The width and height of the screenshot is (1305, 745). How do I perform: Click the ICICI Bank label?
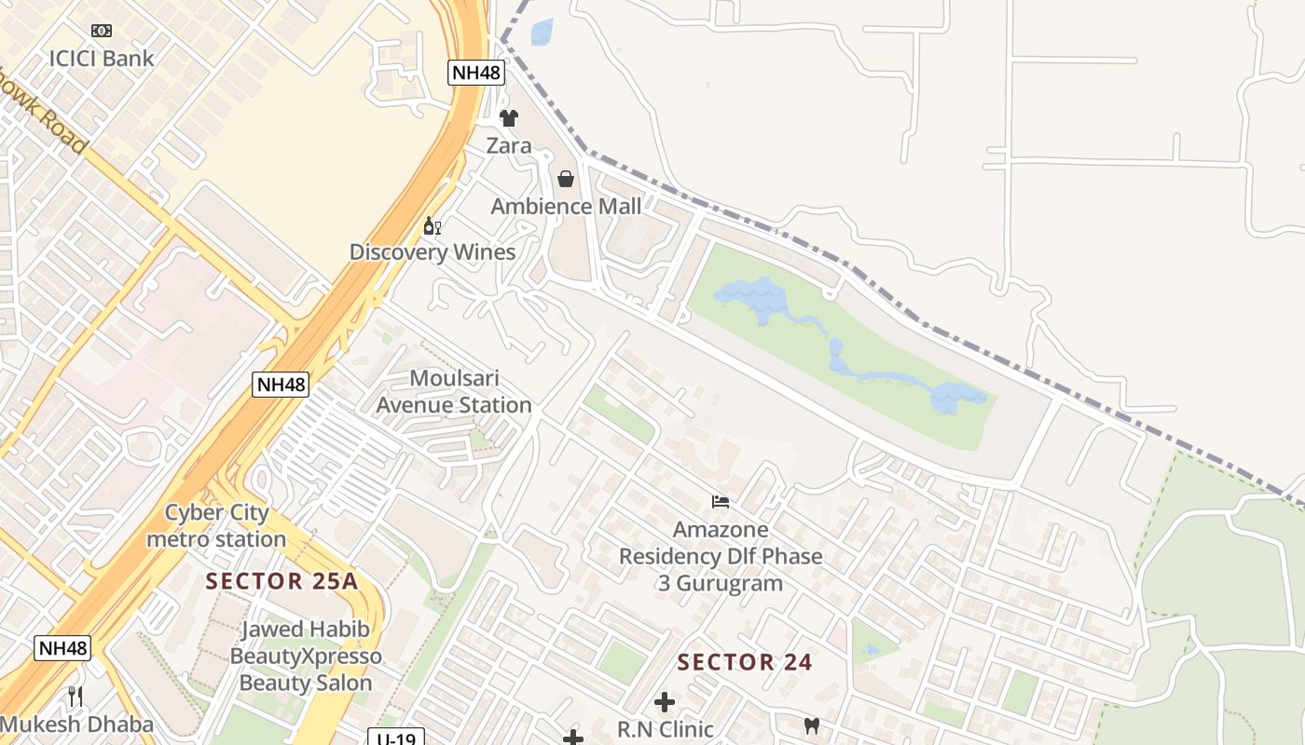coord(102,59)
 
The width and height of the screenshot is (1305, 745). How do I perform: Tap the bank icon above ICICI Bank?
coord(102,31)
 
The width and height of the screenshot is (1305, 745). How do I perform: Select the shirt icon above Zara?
coord(509,118)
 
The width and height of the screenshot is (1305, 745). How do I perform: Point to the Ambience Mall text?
coord(566,206)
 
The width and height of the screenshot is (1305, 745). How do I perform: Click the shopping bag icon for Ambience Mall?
coord(566,179)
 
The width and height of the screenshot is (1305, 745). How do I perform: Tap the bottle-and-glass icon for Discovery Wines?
coord(433,226)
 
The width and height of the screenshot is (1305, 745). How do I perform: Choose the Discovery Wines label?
coord(433,252)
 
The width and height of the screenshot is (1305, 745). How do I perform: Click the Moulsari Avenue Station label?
coord(454,392)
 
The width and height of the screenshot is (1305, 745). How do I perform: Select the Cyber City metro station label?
coord(216,525)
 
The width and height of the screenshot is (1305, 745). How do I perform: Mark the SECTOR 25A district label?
coord(282,582)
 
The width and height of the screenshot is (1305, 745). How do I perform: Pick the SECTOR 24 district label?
coord(745,663)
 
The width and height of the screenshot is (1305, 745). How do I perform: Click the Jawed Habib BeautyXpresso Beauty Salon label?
coord(306,656)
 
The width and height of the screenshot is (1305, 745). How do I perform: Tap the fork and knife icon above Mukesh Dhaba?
coord(76,696)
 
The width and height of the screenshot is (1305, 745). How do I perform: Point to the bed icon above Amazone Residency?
coord(721,502)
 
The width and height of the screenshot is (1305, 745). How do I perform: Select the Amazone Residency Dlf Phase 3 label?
coord(721,556)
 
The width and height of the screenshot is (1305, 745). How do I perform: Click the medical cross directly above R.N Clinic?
coord(665,702)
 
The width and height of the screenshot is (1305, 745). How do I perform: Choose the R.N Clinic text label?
coord(665,728)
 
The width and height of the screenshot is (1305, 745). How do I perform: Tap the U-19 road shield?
coord(396,737)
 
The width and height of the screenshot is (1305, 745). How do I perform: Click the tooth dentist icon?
coord(812,725)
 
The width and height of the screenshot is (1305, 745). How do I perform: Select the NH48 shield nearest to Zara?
coord(475,73)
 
